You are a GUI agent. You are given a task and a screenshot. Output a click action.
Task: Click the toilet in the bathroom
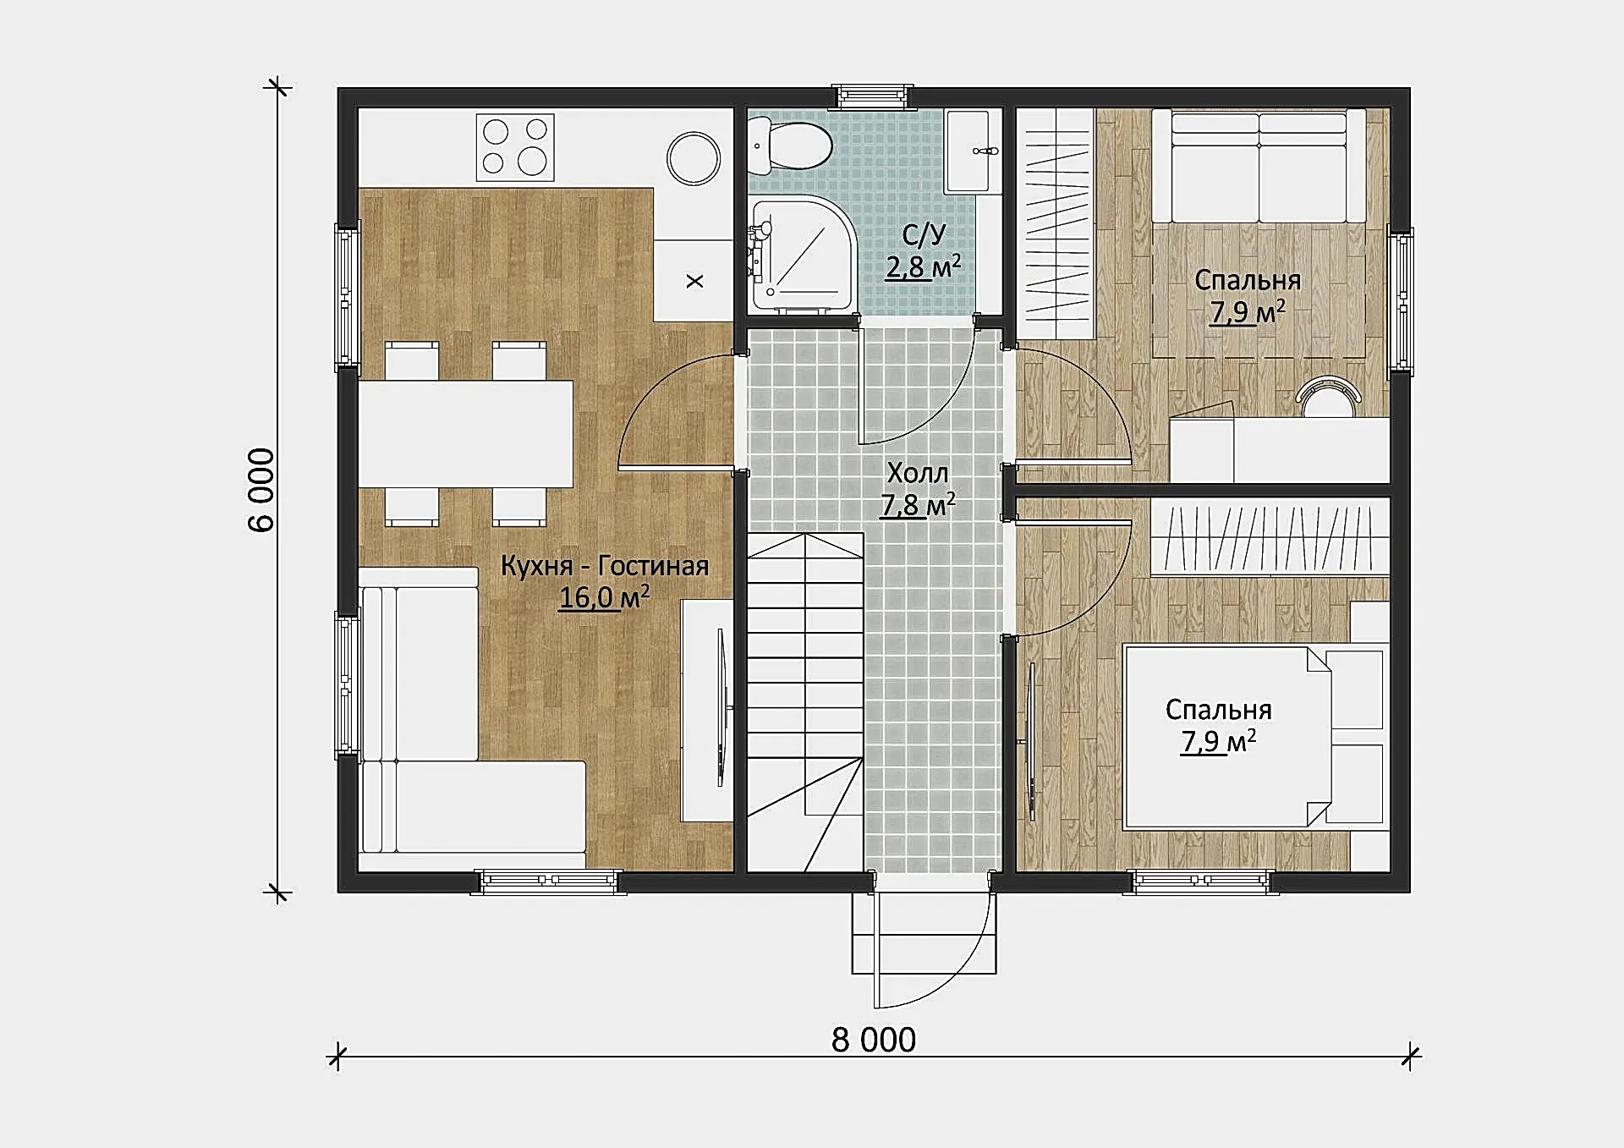click(790, 145)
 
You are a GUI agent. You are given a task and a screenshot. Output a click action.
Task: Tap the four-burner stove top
click(515, 147)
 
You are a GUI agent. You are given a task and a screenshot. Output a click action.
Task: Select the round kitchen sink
click(694, 158)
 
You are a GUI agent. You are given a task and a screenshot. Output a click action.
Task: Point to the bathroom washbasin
click(972, 151)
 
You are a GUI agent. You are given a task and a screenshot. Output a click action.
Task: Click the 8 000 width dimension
click(874, 1040)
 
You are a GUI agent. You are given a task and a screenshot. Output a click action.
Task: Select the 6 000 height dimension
click(261, 490)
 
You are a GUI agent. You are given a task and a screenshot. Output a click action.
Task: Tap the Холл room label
click(918, 472)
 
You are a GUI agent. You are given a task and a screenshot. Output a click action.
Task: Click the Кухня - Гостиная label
click(605, 565)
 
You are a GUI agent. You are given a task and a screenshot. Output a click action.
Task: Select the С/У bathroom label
click(924, 234)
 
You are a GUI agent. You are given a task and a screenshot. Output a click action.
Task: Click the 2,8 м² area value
click(924, 266)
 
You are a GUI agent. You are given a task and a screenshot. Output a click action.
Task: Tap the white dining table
click(465, 434)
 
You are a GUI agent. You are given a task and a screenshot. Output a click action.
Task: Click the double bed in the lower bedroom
click(1226, 736)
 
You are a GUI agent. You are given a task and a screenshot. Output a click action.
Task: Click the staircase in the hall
click(805, 702)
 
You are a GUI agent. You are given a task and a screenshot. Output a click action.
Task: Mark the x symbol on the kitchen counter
click(694, 281)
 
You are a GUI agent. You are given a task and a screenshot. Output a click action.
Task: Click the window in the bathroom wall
click(873, 97)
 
